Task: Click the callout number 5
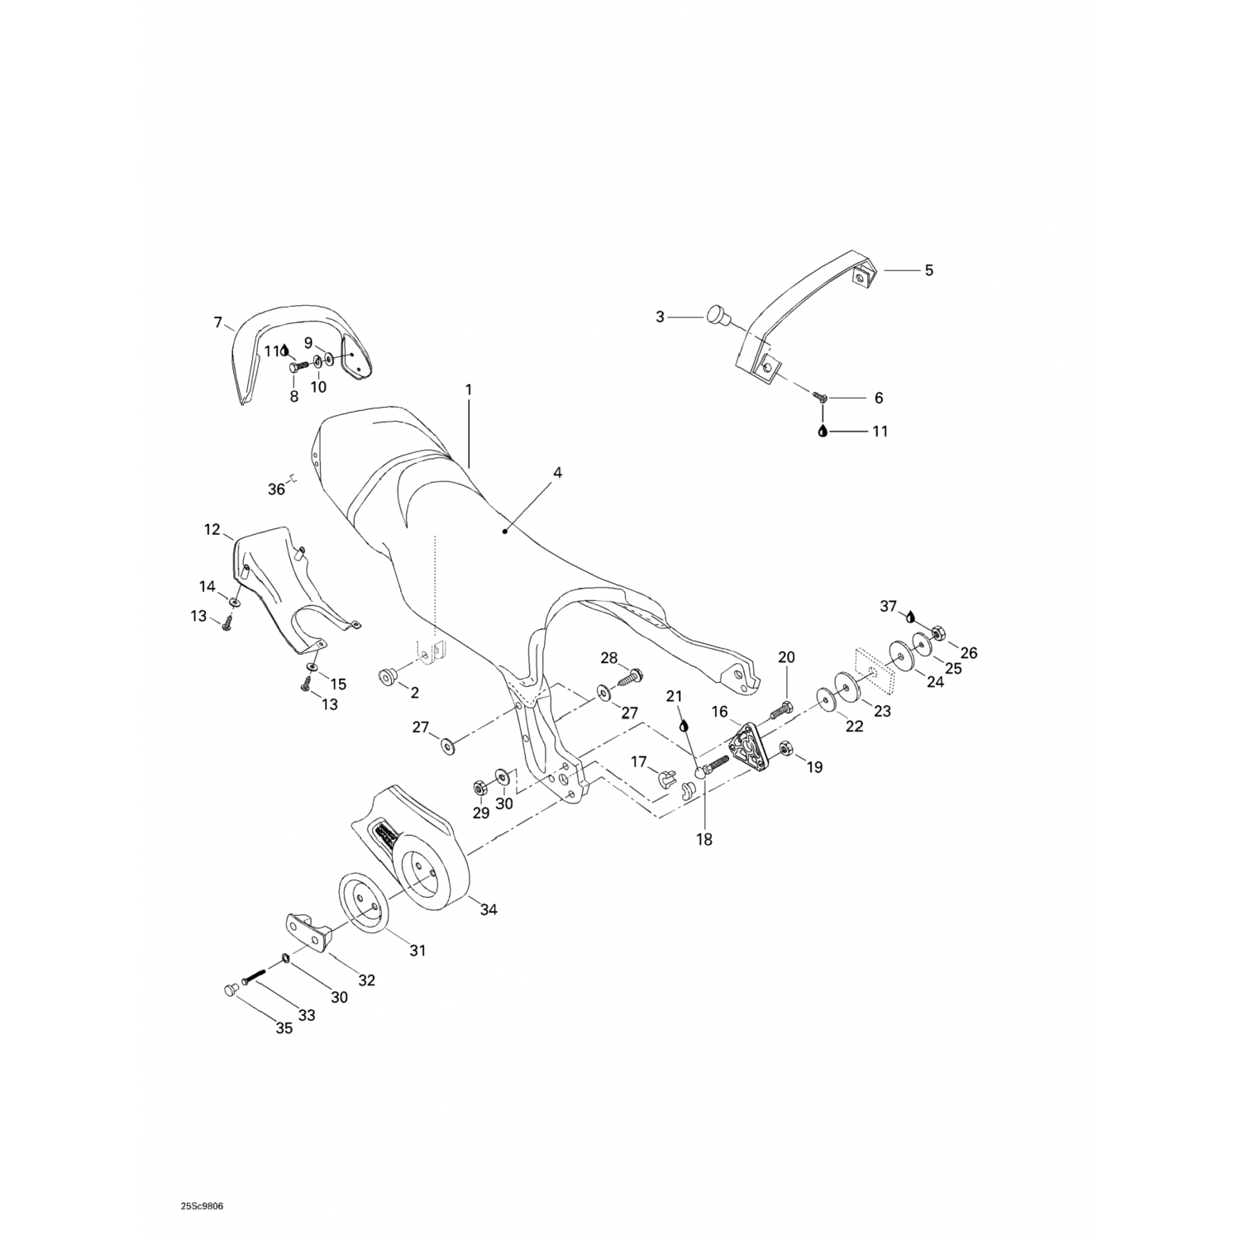point(928,270)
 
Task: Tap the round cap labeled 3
point(716,315)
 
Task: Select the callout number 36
point(276,489)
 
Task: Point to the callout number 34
point(489,910)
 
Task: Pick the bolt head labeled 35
point(231,990)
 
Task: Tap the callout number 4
point(557,473)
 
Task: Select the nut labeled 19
point(786,748)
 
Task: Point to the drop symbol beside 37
point(910,617)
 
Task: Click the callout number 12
point(212,529)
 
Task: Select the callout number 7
point(218,322)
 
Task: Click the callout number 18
point(704,840)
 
